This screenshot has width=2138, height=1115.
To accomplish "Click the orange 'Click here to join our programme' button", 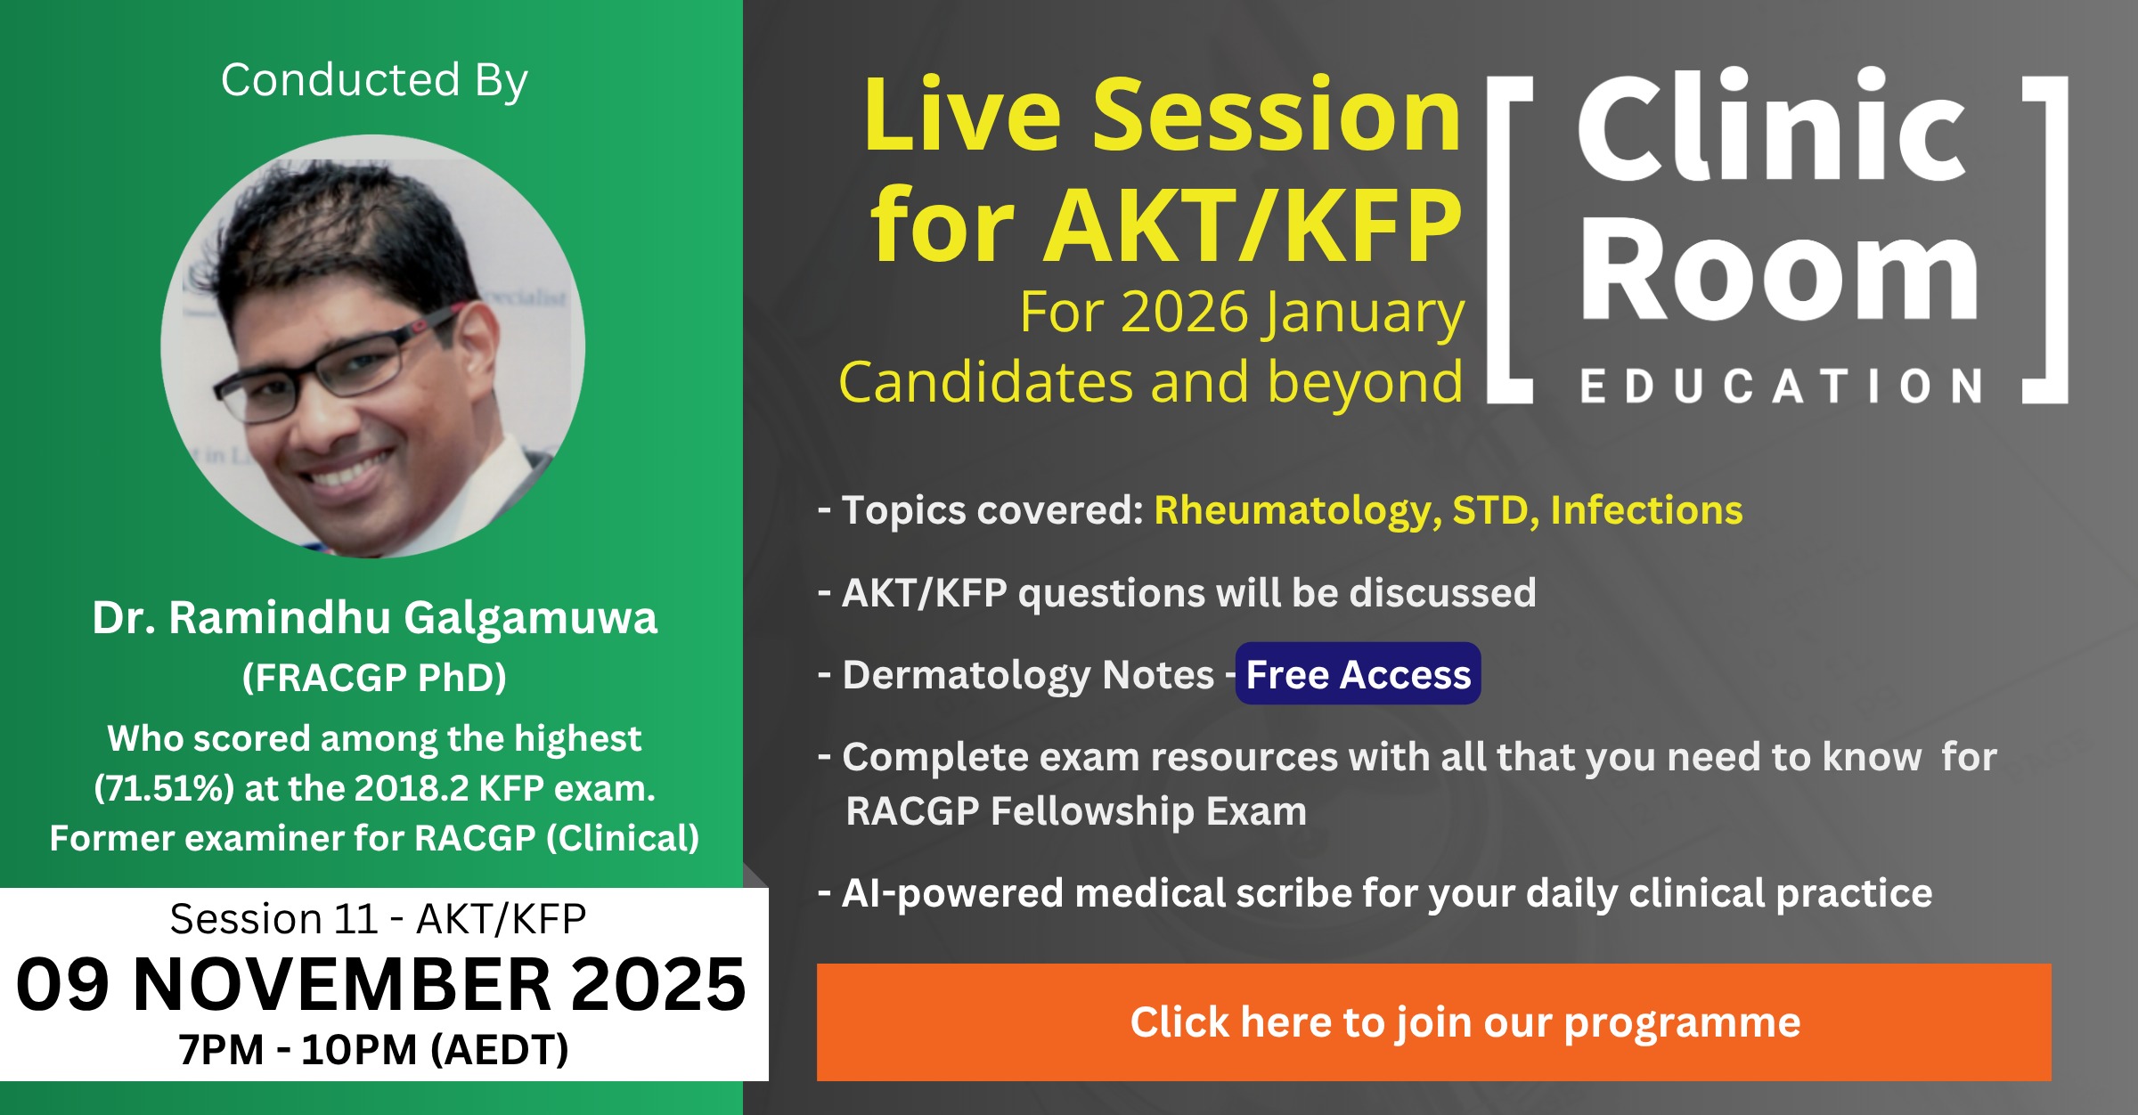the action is [x=1433, y=1021].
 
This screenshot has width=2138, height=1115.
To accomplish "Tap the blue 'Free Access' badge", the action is [x=1358, y=674].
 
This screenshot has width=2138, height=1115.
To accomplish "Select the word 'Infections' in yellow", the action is [x=1646, y=510].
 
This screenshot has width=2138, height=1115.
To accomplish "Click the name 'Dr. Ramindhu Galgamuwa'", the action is [x=374, y=618].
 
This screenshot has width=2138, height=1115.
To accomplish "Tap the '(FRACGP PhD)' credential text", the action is [x=374, y=678].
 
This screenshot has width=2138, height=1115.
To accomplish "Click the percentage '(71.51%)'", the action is [x=164, y=789].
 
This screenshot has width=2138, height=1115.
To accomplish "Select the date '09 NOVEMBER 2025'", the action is [x=381, y=985].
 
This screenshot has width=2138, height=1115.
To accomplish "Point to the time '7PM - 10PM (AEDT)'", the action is [x=373, y=1050].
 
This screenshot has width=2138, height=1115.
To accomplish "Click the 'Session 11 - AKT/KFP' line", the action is [x=378, y=919].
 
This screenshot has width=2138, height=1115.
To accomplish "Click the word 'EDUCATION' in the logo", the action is [x=1781, y=387].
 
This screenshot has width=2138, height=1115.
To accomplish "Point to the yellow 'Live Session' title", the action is [x=1163, y=115].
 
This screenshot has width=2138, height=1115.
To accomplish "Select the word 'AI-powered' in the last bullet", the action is [x=952, y=894].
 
